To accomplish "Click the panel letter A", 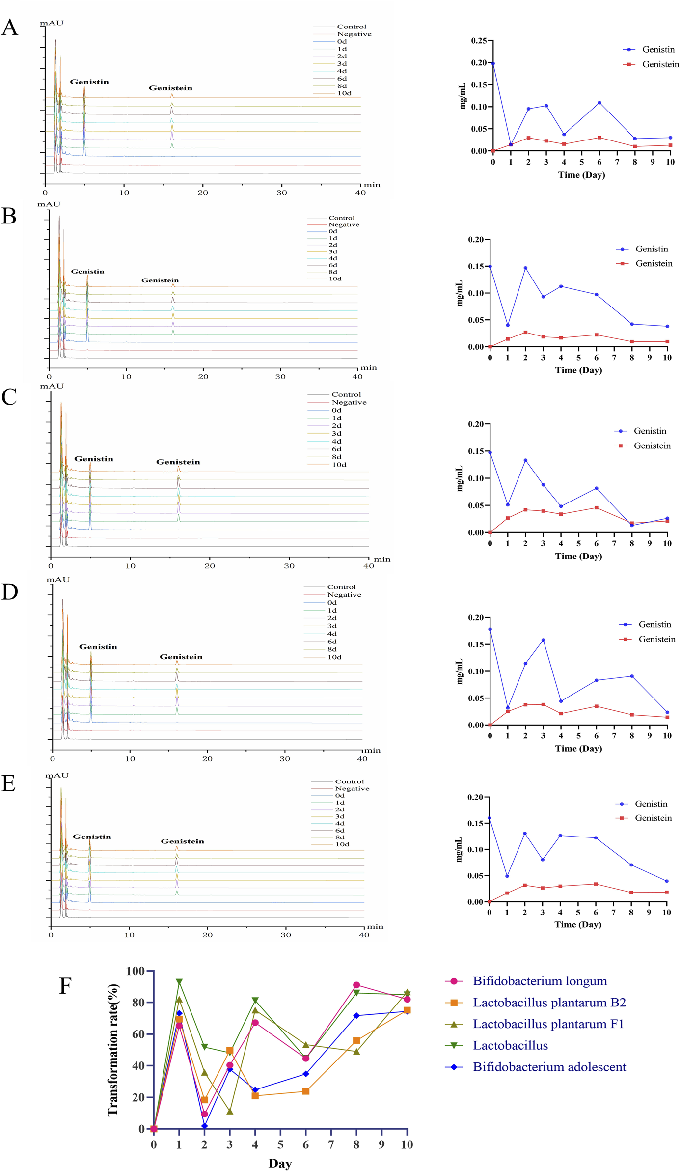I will (10, 28).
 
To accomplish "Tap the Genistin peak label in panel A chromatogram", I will (89, 82).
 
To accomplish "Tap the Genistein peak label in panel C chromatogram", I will (178, 462).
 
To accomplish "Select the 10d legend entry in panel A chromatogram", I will (344, 93).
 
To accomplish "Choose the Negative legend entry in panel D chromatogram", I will (344, 595).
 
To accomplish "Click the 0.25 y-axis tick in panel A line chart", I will (479, 40).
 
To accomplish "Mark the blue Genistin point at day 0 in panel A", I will (493, 63).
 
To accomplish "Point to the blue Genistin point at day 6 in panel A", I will (599, 103).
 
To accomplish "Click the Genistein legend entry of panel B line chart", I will (654, 264).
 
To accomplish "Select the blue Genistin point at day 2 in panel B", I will (525, 268).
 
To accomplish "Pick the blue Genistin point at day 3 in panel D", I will (543, 640).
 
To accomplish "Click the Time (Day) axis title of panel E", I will (578, 924).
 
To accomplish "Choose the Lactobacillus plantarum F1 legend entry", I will (548, 1024).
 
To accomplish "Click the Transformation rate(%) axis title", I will (113, 1050).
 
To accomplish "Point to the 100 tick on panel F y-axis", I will (136, 971).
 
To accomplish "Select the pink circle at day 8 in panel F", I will (356, 985).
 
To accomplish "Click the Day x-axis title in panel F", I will (280, 1163).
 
